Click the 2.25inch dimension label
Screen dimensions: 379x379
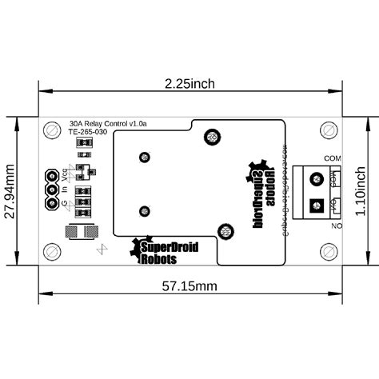point(189,83)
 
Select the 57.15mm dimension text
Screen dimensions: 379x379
point(189,285)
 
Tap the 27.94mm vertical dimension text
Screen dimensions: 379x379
point(10,195)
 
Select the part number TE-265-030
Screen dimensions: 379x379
point(88,133)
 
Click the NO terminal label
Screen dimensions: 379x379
point(337,227)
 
